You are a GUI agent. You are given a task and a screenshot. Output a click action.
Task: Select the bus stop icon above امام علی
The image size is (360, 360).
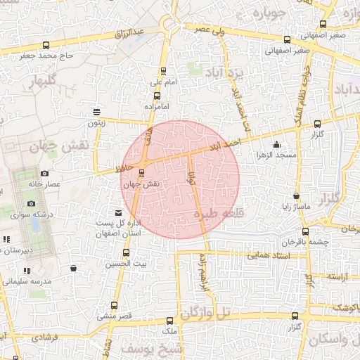[164, 71]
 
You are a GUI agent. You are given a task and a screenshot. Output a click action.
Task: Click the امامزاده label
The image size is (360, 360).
[159, 105]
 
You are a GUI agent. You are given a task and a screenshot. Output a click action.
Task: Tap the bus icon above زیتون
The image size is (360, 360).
[96, 111]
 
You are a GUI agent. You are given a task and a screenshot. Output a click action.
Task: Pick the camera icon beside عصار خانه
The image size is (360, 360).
[45, 174]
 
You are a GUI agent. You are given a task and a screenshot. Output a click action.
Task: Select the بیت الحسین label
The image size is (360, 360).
[117, 264]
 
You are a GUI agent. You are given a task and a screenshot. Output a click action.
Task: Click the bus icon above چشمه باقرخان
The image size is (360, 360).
[304, 231]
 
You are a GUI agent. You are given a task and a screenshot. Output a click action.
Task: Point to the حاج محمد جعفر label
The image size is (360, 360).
[47, 54]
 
